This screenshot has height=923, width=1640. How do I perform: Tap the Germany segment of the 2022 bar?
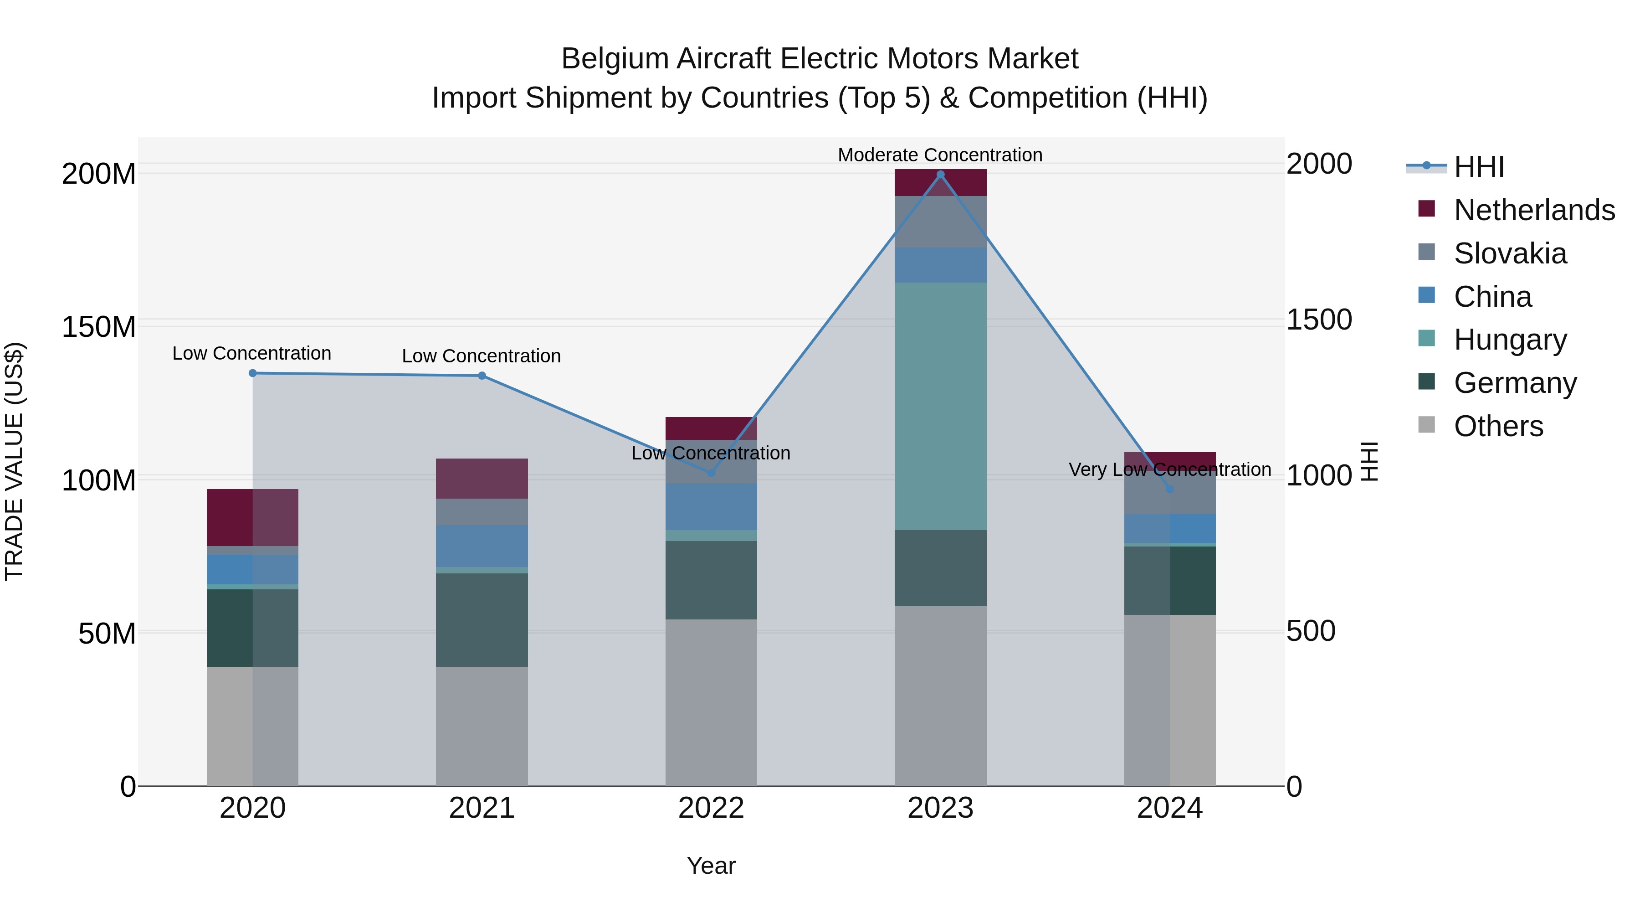[x=711, y=580]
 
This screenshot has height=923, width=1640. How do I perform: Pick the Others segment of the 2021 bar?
[x=482, y=726]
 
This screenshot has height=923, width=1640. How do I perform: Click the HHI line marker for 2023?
[x=940, y=175]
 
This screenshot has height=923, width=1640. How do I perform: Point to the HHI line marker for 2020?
[x=253, y=373]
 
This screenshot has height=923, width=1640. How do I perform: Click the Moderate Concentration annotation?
[x=940, y=155]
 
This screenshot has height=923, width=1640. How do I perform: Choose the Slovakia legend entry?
[x=1510, y=253]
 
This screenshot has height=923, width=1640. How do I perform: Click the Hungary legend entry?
[x=1510, y=340]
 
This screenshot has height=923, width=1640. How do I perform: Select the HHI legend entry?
[x=1479, y=167]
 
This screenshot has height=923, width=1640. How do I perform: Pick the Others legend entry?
[x=1499, y=426]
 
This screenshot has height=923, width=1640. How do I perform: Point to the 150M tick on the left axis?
[x=99, y=327]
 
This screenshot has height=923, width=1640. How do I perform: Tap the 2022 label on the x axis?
[x=711, y=808]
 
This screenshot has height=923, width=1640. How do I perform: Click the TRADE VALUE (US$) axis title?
[x=14, y=461]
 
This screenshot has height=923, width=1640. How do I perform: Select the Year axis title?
[x=711, y=866]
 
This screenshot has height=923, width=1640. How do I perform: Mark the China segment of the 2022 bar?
[x=711, y=506]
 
